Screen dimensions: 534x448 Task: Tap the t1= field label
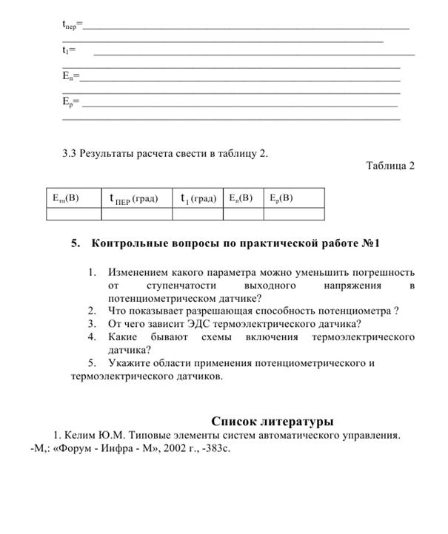point(69,51)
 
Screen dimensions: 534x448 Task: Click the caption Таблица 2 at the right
point(390,166)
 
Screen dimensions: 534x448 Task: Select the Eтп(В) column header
point(66,198)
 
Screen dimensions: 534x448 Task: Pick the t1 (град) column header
point(198,198)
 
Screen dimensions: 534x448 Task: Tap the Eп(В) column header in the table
point(241,198)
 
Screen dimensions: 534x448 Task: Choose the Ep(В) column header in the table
point(281,198)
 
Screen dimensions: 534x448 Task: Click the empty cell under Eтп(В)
point(73,214)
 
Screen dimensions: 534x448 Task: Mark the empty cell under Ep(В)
point(293,214)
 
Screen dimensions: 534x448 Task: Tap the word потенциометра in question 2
point(352,311)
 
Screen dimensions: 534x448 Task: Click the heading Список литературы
point(272,421)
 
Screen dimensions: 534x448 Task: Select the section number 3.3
point(70,154)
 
